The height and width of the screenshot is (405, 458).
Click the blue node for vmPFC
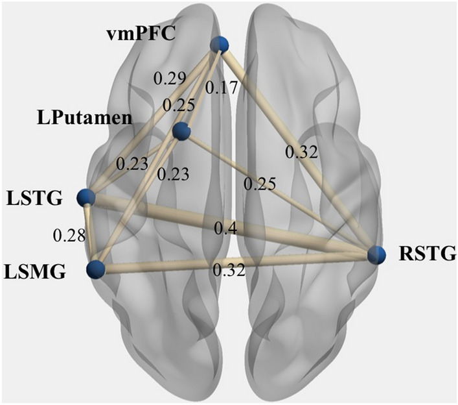pos(221,44)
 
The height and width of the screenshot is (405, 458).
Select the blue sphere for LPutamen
pos(181,132)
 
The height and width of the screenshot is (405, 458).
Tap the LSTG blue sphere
pos(86,197)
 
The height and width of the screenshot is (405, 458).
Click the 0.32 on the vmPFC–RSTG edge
pos(302,154)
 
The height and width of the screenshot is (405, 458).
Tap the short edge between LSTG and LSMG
pos(91,234)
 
